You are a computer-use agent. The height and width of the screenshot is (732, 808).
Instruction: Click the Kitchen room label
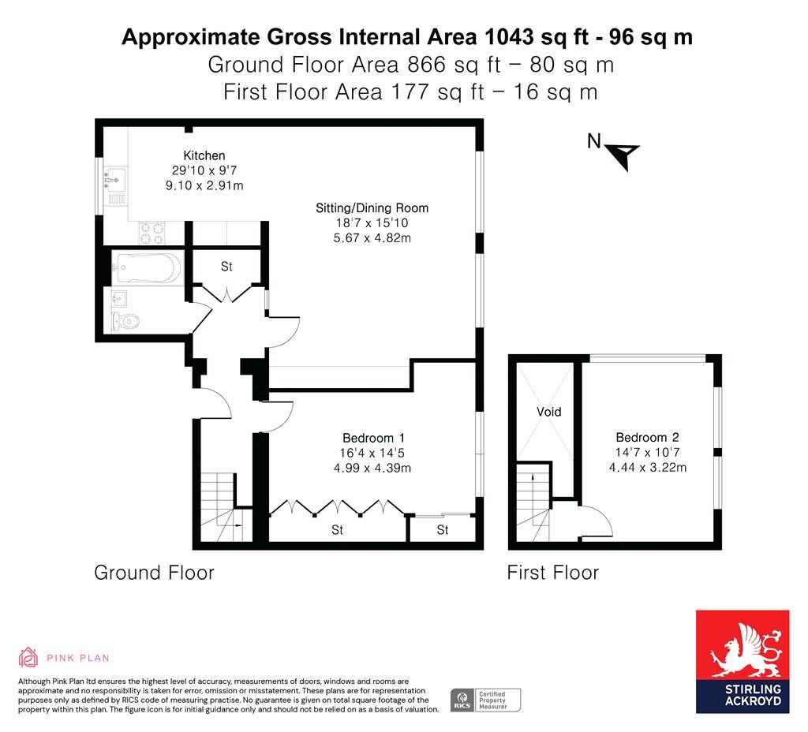point(204,155)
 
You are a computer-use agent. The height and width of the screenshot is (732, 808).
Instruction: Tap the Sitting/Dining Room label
point(372,208)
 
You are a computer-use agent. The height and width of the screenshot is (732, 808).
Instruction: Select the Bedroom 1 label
point(373,438)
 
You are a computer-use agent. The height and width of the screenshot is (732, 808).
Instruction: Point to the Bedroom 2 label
point(647,437)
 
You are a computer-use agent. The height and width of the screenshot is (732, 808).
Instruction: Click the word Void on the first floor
point(549,412)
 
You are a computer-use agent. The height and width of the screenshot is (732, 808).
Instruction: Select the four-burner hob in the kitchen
point(152,233)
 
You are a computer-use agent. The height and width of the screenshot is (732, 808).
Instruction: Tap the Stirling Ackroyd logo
point(743,662)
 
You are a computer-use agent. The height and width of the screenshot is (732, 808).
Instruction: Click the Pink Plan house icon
point(28,657)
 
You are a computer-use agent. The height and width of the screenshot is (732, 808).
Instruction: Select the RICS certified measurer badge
point(485,700)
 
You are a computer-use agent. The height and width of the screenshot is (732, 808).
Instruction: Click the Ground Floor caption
point(154,573)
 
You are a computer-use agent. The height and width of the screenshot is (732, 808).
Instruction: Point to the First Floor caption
point(553,573)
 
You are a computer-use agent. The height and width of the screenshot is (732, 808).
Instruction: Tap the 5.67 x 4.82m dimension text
point(372,238)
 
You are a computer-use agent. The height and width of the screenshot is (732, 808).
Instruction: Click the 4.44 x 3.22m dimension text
point(648,467)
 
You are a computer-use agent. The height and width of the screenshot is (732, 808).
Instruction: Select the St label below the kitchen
point(226,267)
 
